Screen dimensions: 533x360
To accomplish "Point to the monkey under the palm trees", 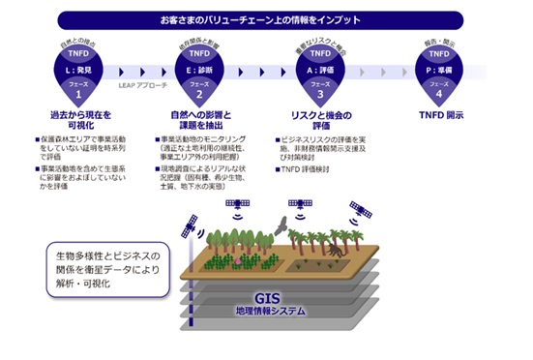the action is (330, 249).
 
